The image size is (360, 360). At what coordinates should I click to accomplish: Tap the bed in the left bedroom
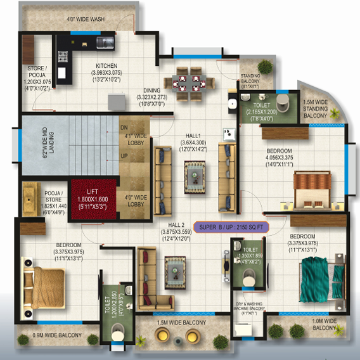43,283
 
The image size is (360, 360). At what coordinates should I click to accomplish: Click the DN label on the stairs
124,128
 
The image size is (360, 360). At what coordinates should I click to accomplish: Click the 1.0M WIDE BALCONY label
324,325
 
